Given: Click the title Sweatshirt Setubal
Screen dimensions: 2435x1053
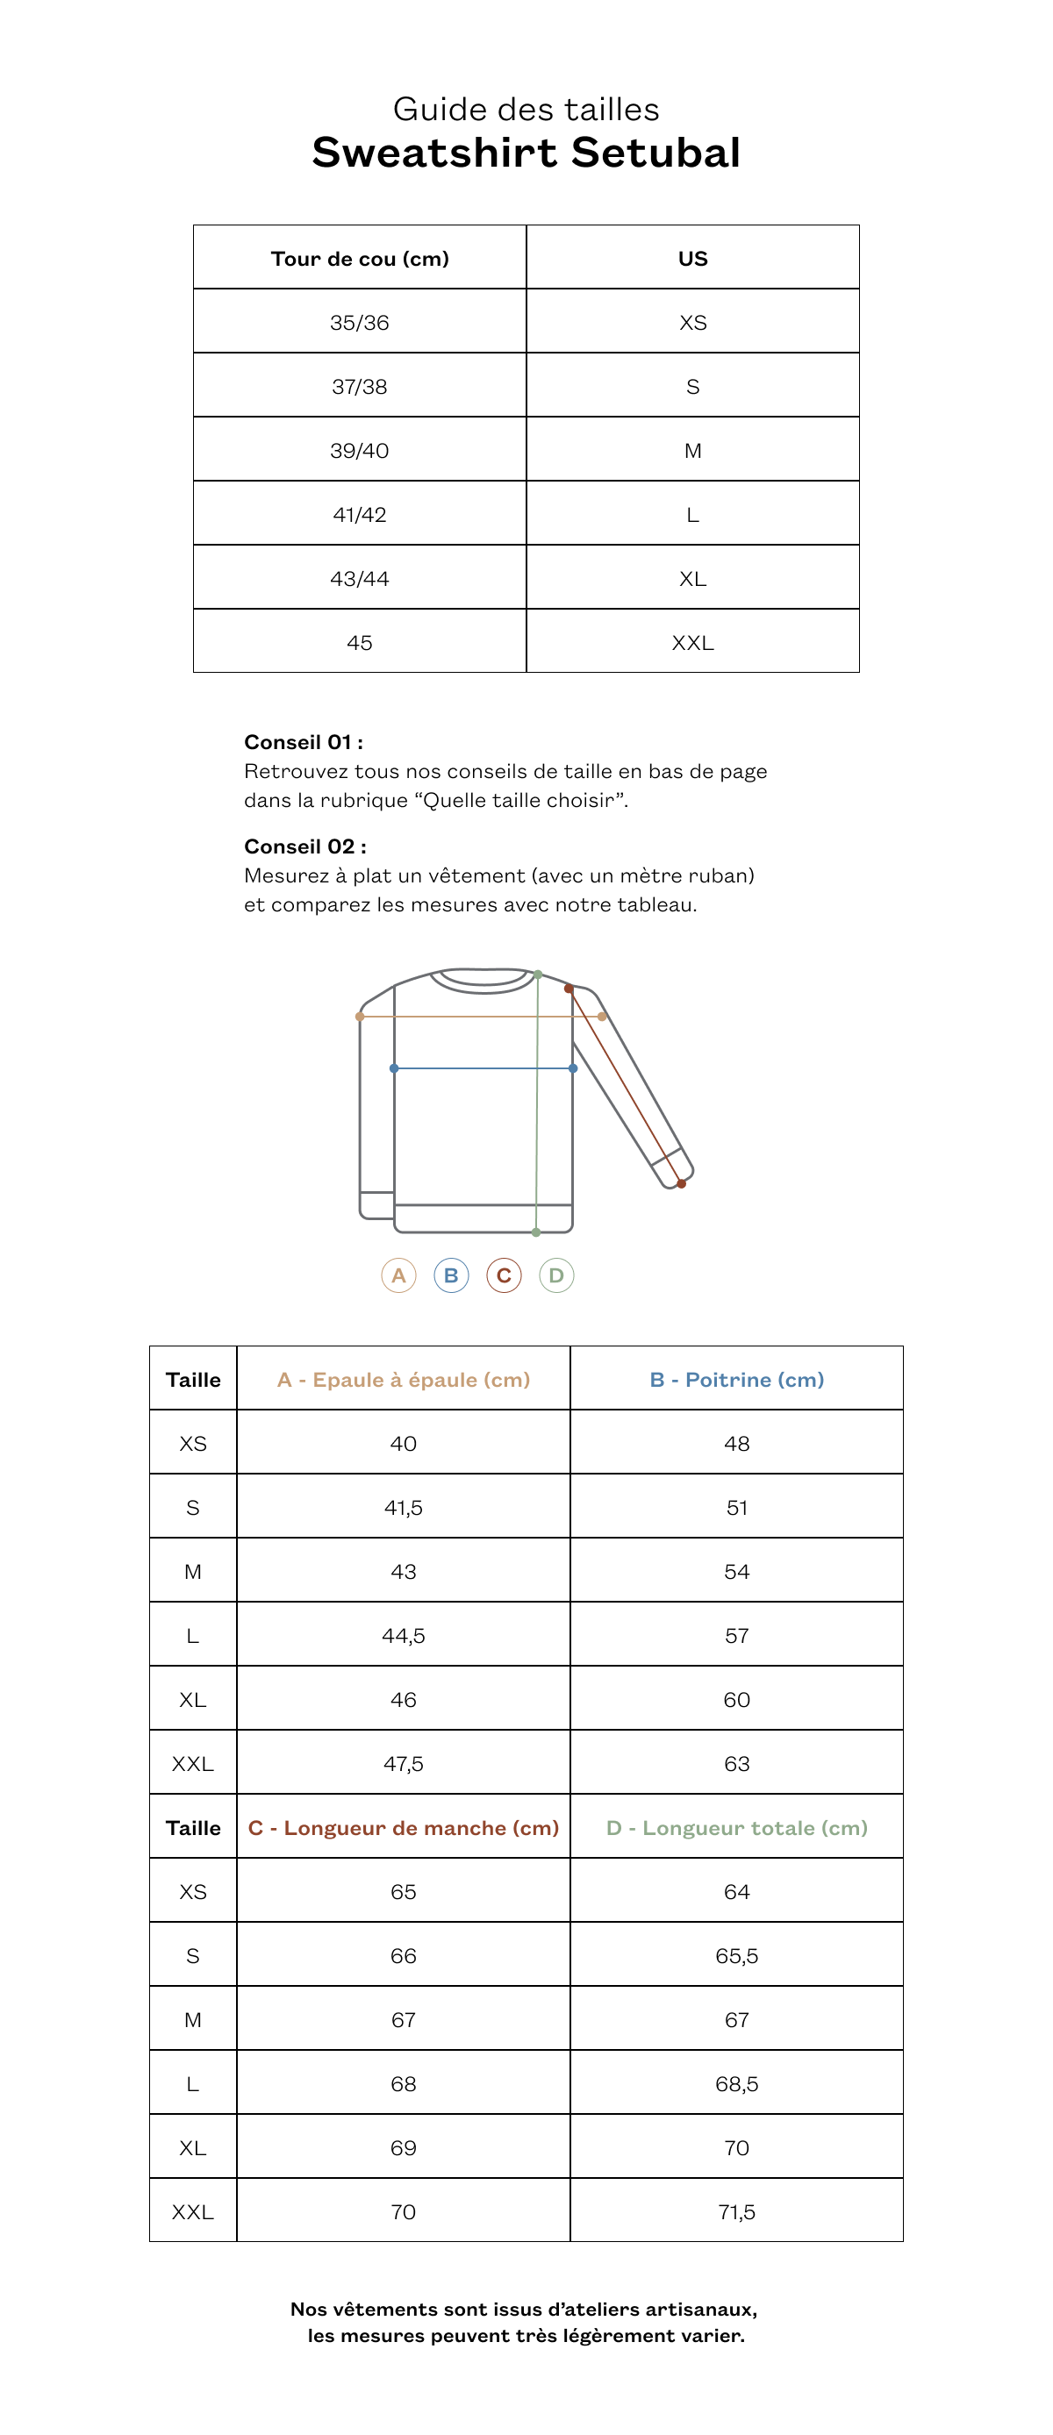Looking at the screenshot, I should pyautogui.click(x=526, y=154).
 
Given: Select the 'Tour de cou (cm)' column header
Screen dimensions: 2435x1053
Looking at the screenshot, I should pyautogui.click(x=359, y=259).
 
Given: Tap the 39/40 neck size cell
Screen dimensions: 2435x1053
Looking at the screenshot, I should pyautogui.click(x=359, y=451).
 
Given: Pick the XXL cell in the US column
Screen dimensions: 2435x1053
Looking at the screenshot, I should pyautogui.click(x=692, y=643).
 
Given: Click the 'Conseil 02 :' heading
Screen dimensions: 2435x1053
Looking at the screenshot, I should pyautogui.click(x=304, y=846).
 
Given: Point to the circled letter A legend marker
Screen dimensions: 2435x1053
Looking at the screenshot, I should pyautogui.click(x=399, y=1275).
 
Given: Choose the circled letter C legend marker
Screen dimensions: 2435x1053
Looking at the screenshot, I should pyautogui.click(x=504, y=1275).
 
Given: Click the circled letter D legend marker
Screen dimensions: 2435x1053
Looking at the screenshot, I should pyautogui.click(x=556, y=1275).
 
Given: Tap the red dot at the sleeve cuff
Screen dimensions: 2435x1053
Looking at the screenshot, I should pyautogui.click(x=682, y=1183).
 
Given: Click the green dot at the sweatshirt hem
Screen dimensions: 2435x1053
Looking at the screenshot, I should pyautogui.click(x=536, y=1232).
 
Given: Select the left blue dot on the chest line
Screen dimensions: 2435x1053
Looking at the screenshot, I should pyautogui.click(x=394, y=1068).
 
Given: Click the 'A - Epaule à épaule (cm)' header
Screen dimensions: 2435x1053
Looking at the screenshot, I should pyautogui.click(x=404, y=1380).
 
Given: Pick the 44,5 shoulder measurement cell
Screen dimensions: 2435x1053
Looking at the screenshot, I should pyautogui.click(x=404, y=1636).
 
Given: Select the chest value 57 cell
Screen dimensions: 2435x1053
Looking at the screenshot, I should pyautogui.click(x=736, y=1636).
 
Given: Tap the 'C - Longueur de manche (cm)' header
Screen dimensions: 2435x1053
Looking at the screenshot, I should pyautogui.click(x=404, y=1828).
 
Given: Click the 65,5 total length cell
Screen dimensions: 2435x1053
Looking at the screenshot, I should pyautogui.click(x=736, y=1956).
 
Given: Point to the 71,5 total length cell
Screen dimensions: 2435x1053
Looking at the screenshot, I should pyautogui.click(x=736, y=2212).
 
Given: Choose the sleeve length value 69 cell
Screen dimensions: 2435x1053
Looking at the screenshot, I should pyautogui.click(x=404, y=2147).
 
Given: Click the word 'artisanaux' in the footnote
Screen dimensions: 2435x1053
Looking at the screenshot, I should pyautogui.click(x=700, y=2310).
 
